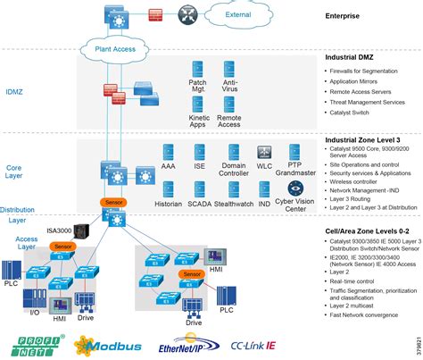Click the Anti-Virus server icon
coord(229,70)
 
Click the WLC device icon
coord(264,152)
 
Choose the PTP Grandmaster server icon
coord(295,150)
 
